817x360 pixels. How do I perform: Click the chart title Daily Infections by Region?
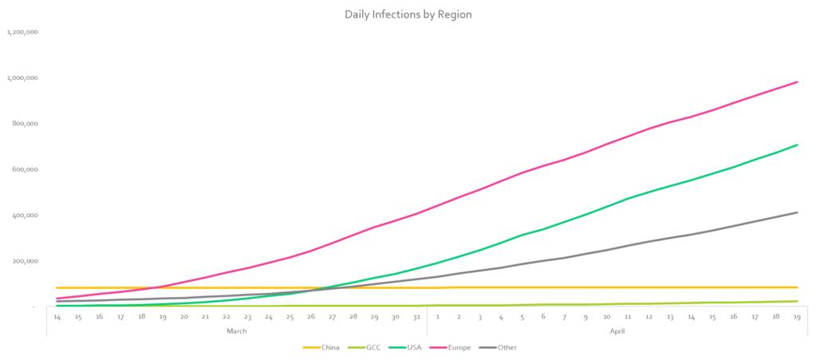click(408, 14)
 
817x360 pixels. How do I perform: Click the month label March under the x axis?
click(237, 330)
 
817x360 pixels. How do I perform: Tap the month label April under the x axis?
click(618, 330)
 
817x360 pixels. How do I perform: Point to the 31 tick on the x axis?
click(416, 317)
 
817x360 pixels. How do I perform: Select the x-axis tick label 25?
click(290, 317)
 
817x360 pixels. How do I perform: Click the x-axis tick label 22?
click(227, 317)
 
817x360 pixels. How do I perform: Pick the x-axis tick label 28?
click(353, 317)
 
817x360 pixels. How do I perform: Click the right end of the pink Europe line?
click(797, 81)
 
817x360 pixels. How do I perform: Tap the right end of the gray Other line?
click(797, 212)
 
